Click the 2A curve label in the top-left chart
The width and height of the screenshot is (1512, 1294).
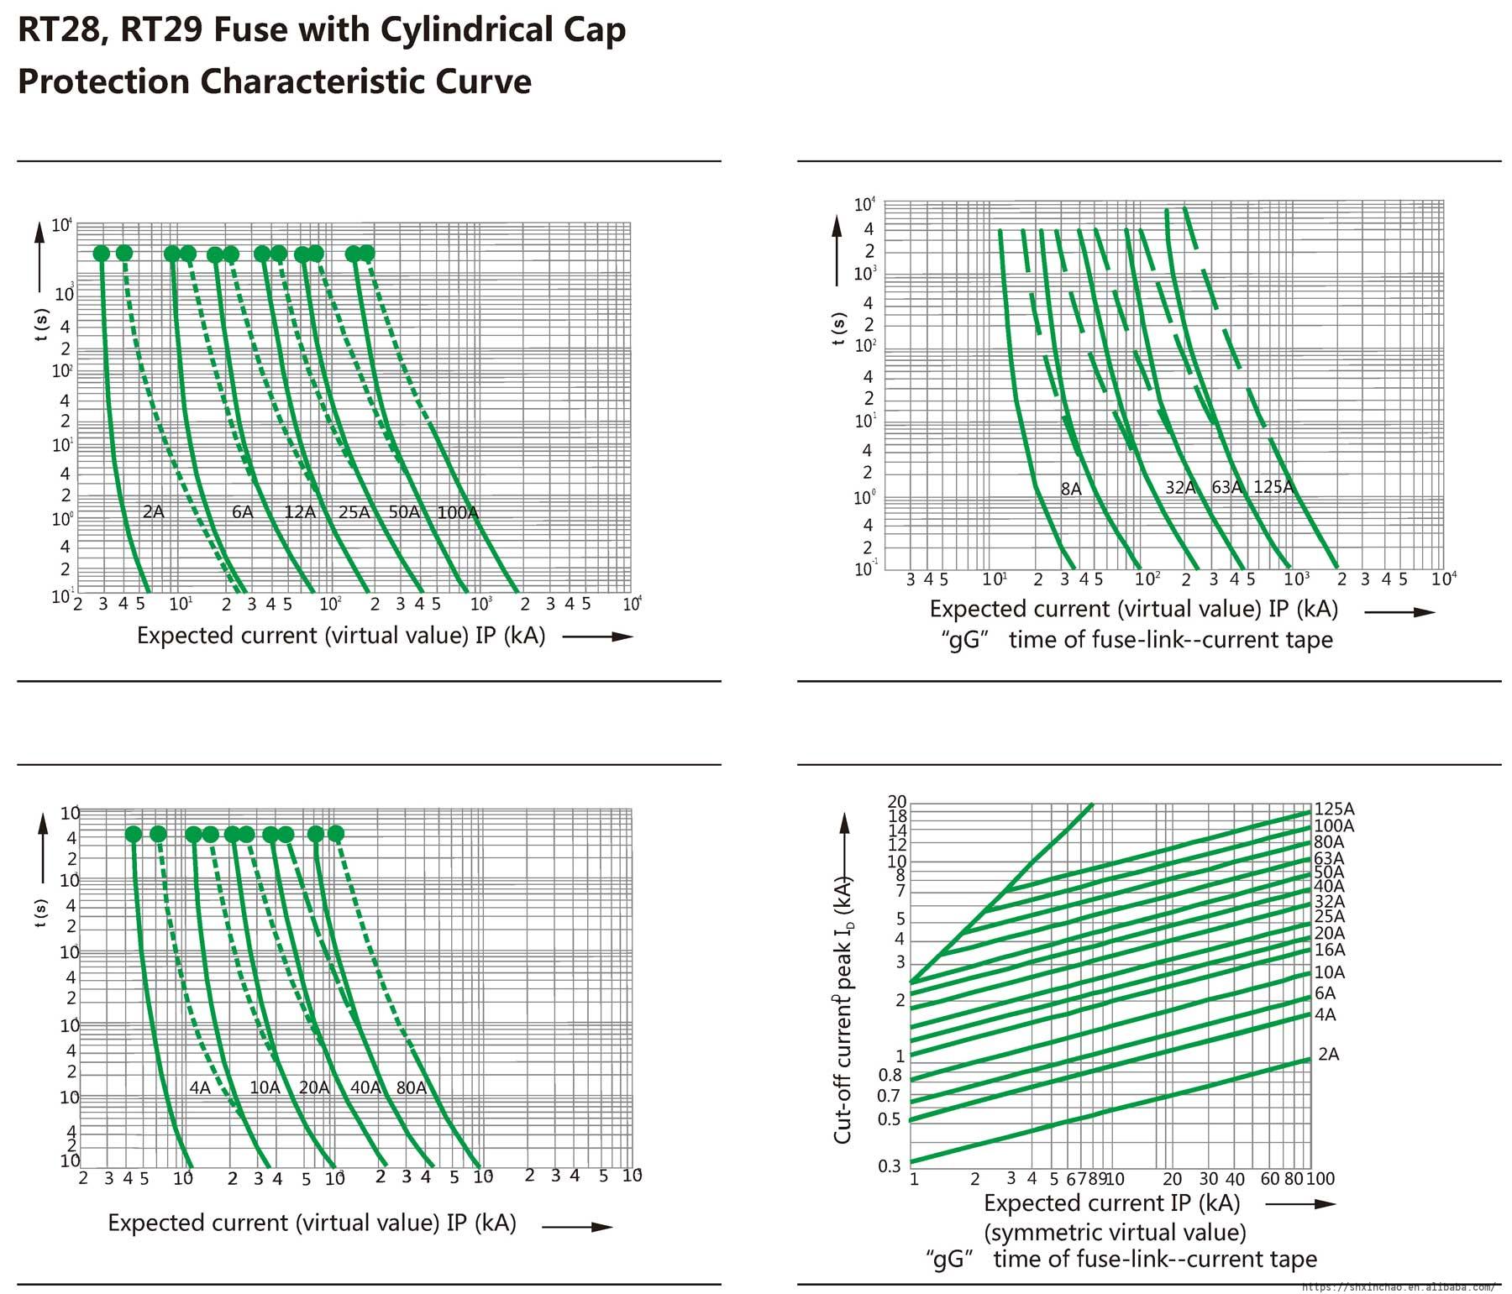(153, 511)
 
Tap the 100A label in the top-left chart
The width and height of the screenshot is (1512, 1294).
(457, 512)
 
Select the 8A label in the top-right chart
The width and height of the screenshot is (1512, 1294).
(1071, 489)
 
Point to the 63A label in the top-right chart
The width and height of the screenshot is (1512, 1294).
(1226, 487)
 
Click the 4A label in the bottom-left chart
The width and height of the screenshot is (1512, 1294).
(200, 1087)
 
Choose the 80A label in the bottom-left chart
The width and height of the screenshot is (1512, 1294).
(411, 1087)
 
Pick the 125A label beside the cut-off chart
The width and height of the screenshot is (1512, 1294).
(1334, 809)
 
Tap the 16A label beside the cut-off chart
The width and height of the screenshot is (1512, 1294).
(1330, 950)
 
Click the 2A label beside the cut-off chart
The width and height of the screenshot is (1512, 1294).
(1328, 1054)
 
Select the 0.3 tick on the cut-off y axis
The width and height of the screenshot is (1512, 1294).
(890, 1166)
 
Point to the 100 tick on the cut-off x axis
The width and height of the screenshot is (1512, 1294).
(1321, 1179)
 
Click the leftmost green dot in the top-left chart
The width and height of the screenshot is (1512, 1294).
(102, 254)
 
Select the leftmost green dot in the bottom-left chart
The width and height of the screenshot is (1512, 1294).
(134, 834)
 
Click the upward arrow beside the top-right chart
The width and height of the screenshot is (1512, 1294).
(837, 248)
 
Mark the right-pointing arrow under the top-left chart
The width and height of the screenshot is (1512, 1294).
(598, 637)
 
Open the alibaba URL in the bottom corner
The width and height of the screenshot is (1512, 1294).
(1398, 1286)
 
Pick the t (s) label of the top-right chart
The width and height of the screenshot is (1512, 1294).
(839, 328)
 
